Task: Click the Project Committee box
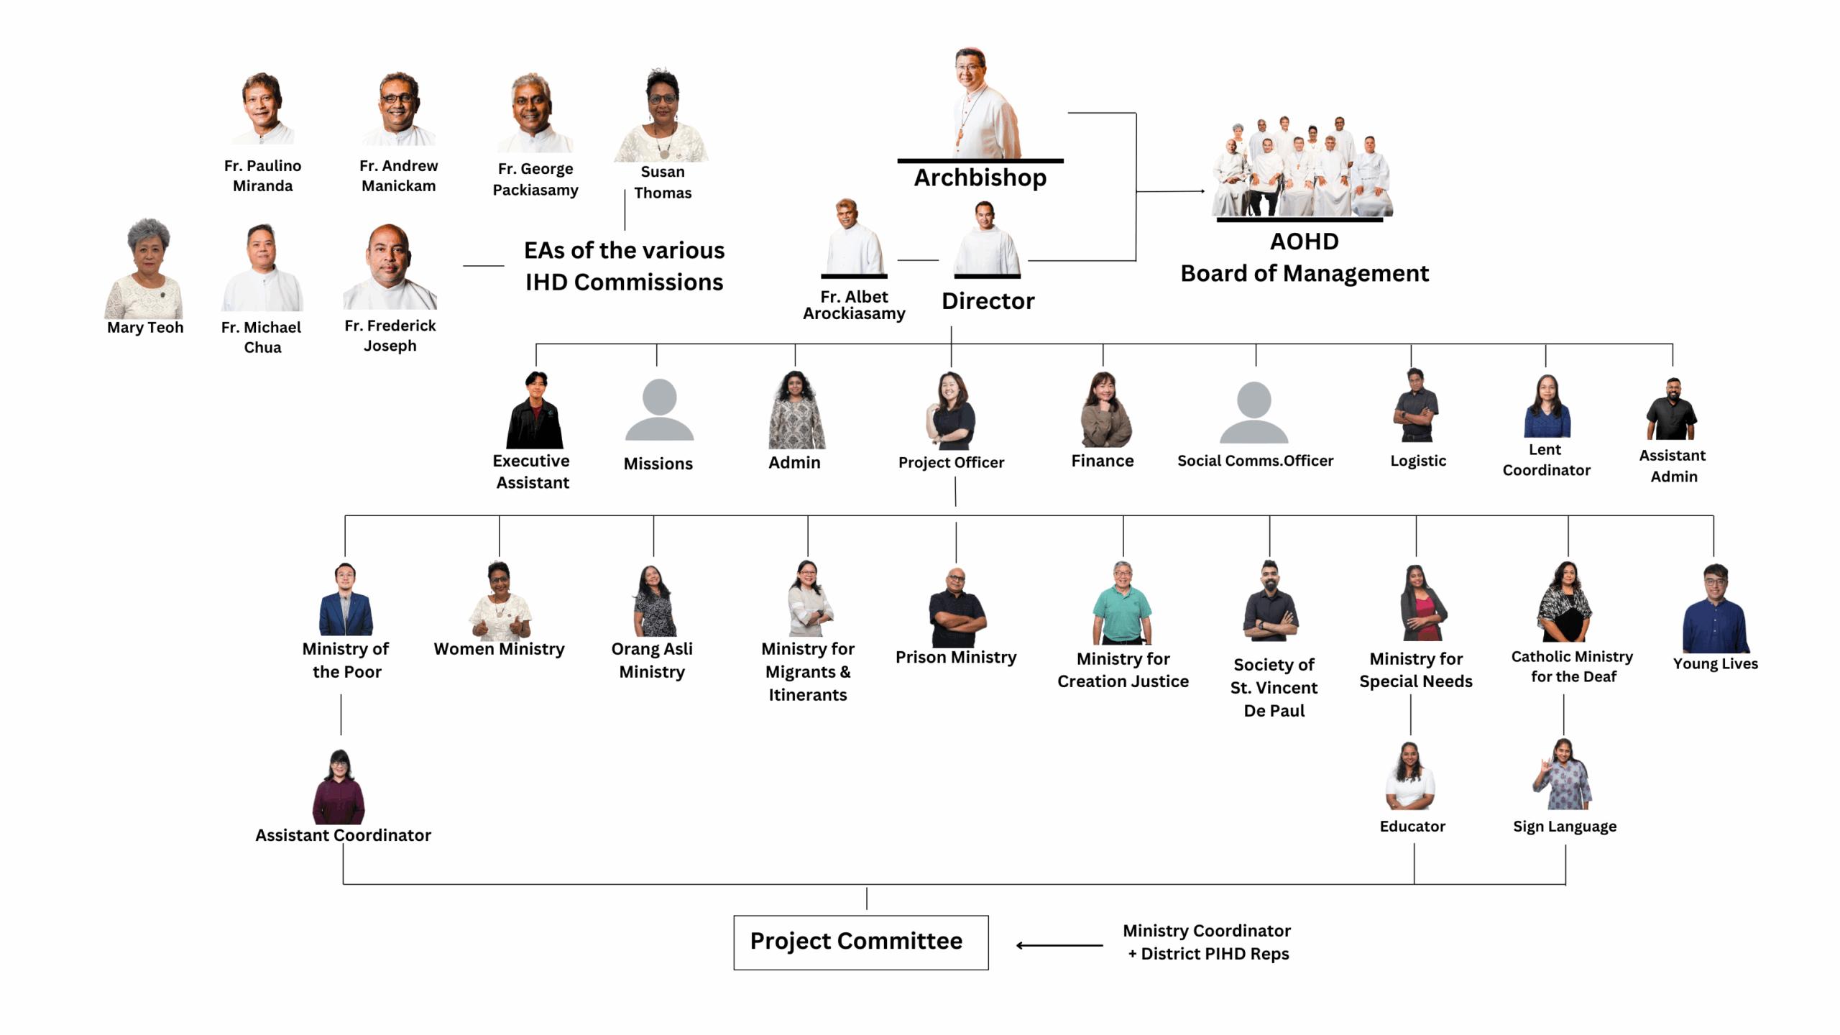(860, 942)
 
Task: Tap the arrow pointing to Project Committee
(1059, 945)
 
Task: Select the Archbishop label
(980, 178)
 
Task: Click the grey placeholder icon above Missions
(659, 410)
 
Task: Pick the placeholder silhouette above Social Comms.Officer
(1253, 413)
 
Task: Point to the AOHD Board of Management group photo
(1302, 168)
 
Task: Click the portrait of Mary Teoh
(145, 269)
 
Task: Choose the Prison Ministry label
(955, 657)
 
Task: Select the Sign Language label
(1564, 827)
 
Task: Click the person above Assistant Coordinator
(339, 787)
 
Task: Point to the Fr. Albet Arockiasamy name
(853, 305)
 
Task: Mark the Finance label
(1102, 461)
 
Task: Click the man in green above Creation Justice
(1122, 603)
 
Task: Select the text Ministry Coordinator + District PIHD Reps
(1207, 942)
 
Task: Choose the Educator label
(1412, 827)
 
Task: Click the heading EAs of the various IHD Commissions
(624, 266)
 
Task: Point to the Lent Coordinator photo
(1546, 407)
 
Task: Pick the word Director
(988, 301)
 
